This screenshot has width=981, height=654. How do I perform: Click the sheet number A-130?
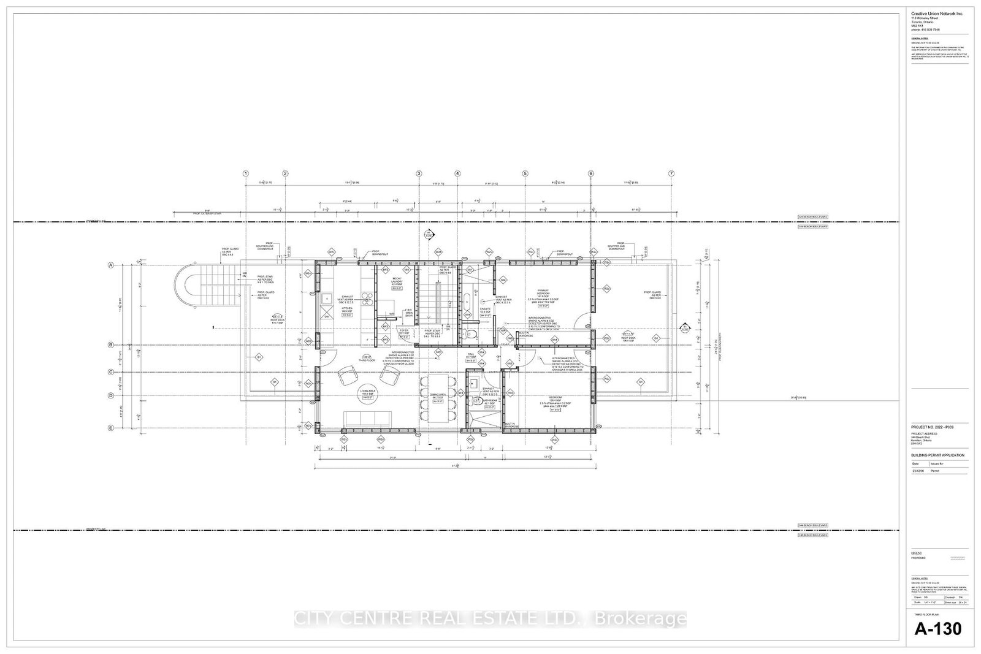938,629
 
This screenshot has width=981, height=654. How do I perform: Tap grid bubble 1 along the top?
245,173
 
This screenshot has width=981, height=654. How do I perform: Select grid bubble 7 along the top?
671,173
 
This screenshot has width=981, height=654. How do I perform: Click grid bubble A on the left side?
111,265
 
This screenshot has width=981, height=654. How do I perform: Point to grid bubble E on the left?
111,428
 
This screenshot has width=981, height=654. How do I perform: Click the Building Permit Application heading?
937,455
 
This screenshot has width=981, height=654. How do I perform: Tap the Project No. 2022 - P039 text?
932,427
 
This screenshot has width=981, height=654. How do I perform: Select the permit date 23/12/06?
918,471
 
